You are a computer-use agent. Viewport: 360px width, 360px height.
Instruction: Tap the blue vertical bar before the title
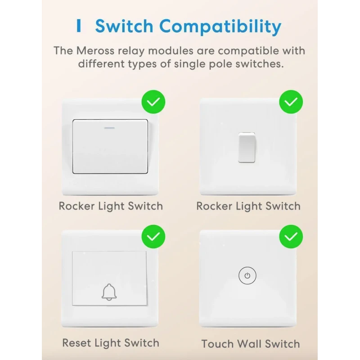(x=80, y=26)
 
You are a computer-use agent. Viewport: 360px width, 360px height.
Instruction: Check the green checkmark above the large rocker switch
(x=153, y=102)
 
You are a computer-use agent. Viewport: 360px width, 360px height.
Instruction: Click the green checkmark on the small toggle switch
(x=291, y=102)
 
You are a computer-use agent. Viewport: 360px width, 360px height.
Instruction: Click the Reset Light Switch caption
(x=111, y=343)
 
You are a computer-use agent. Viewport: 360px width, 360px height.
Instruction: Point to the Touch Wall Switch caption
(x=251, y=344)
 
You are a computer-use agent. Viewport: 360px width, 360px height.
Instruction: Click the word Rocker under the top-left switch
(x=76, y=207)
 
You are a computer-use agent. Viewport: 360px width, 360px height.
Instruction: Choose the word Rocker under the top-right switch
(x=214, y=207)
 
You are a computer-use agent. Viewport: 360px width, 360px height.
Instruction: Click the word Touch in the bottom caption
(x=218, y=344)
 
